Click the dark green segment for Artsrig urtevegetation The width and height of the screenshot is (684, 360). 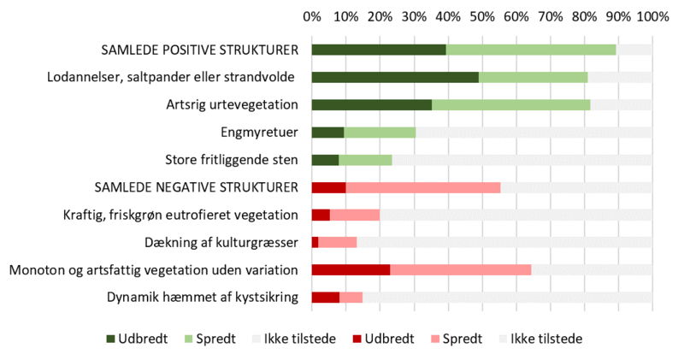[x=371, y=105]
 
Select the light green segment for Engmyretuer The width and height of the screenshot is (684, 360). [x=380, y=133]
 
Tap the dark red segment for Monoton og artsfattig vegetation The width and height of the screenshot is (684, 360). [x=351, y=270]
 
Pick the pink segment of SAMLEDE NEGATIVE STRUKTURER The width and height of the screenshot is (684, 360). [x=422, y=187]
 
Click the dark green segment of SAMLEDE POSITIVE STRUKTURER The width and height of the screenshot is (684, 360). [x=379, y=50]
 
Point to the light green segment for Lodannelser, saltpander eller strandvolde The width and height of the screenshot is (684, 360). [x=533, y=78]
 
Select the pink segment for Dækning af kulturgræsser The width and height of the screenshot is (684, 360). [x=338, y=243]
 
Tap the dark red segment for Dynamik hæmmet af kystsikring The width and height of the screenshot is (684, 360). [x=325, y=298]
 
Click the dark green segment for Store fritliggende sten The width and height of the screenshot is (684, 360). [x=325, y=160]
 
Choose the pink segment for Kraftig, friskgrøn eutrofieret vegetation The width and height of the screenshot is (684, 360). [x=355, y=215]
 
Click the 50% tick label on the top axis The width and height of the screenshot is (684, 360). [x=481, y=15]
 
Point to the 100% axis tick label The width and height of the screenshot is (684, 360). [x=652, y=15]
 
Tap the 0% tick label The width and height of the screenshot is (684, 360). [x=312, y=15]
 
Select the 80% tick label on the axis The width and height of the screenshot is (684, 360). [x=584, y=15]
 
